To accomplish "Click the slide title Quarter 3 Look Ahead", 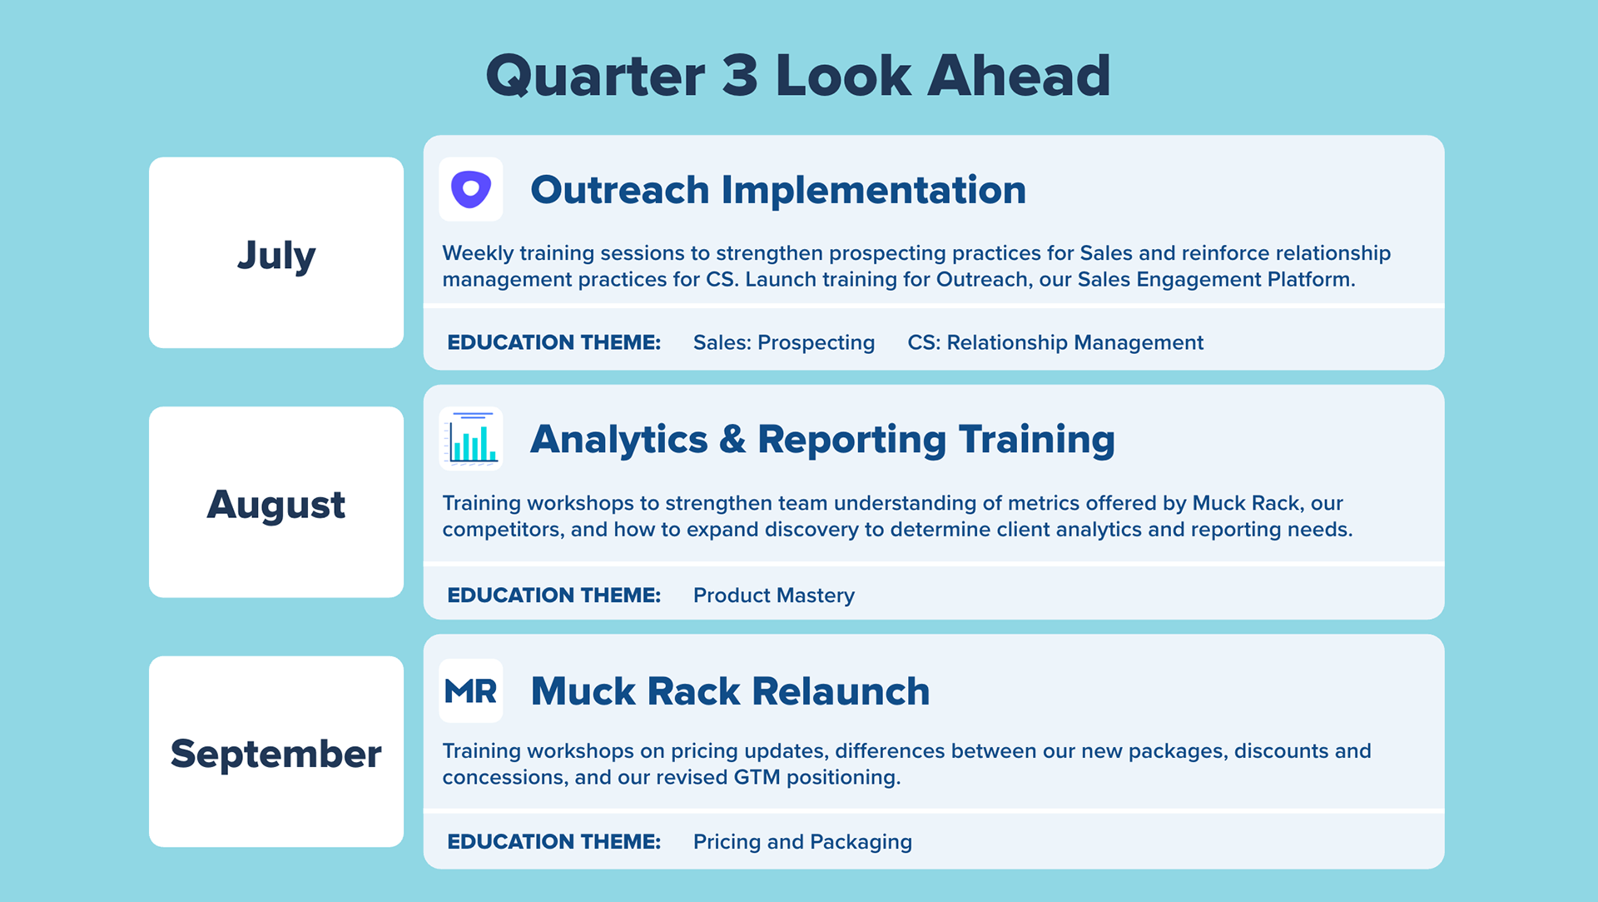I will tap(797, 76).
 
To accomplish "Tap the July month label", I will tap(276, 254).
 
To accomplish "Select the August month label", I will tap(276, 504).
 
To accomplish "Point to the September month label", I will tap(276, 754).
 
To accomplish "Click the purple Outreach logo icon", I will tap(471, 189).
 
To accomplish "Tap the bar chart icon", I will tap(471, 439).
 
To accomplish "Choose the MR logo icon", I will tap(471, 690).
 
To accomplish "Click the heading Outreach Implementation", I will tap(777, 190).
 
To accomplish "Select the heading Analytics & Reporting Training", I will tap(821, 440).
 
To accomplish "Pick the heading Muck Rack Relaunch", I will tap(730, 691).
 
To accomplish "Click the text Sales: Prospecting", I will tap(783, 342).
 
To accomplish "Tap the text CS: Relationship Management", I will tap(1055, 342).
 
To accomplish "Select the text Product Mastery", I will tap(773, 596).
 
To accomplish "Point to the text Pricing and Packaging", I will tap(802, 842).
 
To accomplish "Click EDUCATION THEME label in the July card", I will tap(553, 342).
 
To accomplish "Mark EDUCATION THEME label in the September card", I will tap(553, 842).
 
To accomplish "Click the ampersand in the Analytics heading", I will tap(732, 440).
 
